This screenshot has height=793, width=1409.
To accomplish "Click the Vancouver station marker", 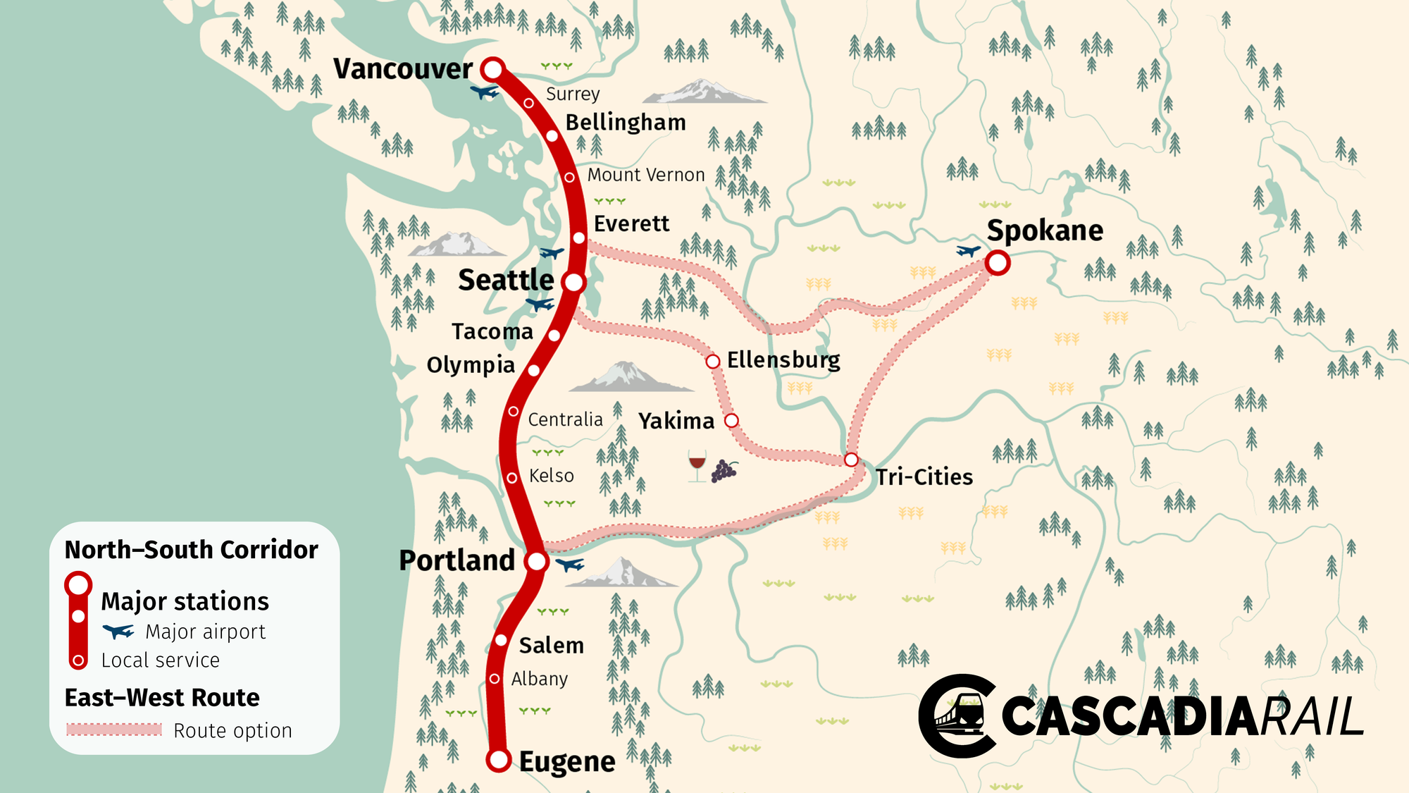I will (493, 69).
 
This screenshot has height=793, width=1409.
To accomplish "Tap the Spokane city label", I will (1045, 230).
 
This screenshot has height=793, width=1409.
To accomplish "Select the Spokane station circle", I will (998, 263).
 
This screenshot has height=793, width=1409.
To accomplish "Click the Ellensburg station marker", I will (713, 362).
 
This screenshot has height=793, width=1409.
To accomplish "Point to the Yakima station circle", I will (732, 421).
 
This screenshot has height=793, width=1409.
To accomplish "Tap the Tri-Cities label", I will (924, 477).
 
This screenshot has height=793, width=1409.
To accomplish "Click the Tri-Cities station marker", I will (851, 460).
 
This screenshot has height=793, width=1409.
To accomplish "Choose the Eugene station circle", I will (499, 760).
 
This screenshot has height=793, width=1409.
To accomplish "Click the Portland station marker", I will (537, 562).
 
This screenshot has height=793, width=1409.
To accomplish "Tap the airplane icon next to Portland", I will (569, 565).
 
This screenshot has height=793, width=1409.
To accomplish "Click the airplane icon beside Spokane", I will (969, 250).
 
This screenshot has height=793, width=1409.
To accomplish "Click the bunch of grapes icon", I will (724, 470).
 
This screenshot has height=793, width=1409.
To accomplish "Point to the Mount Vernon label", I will (646, 175).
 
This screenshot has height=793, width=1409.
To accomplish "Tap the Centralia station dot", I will (514, 411).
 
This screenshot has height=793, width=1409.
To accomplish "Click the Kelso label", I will (551, 476).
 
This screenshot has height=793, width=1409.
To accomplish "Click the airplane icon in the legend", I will (118, 631).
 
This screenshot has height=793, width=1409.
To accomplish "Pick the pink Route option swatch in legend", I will (114, 730).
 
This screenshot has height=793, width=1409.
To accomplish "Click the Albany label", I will (539, 679).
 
